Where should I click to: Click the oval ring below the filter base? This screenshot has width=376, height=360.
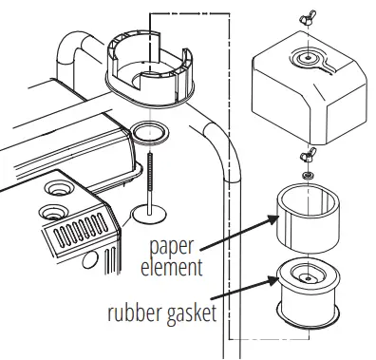click(149, 131)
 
